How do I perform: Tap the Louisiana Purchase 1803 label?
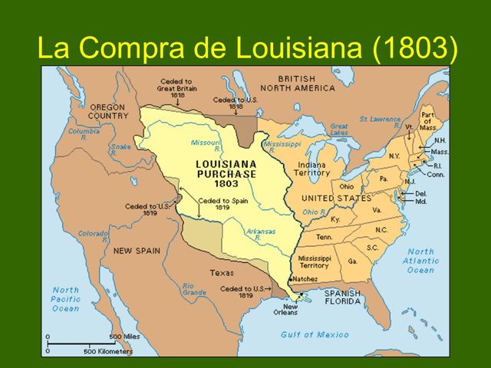pyautogui.click(x=226, y=173)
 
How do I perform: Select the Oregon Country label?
pyautogui.click(x=108, y=111)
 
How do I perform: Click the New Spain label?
pyautogui.click(x=137, y=251)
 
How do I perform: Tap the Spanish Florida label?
pyautogui.click(x=342, y=297)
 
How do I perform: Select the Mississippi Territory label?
pyautogui.click(x=314, y=262)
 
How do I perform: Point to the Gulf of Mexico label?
pyautogui.click(x=314, y=334)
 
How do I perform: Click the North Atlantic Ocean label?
pyautogui.click(x=421, y=261)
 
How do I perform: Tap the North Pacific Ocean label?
pyautogui.click(x=66, y=299)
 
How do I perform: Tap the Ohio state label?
pyautogui.click(x=346, y=186)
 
